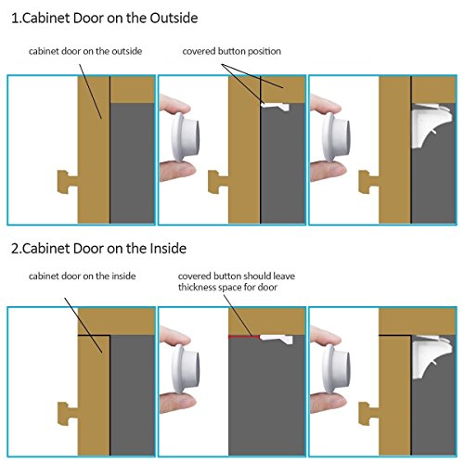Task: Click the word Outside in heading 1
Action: (x=174, y=18)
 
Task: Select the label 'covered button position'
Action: (x=232, y=51)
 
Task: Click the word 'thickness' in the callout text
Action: (x=197, y=288)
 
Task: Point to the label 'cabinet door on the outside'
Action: (x=85, y=51)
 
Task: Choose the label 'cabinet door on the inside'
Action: (x=82, y=276)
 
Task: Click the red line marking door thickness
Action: (x=244, y=336)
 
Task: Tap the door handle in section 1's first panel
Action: (x=68, y=182)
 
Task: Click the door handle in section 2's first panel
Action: (x=68, y=414)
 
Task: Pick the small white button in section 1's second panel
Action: (x=275, y=107)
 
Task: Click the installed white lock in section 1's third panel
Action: (x=432, y=125)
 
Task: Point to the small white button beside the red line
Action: (x=276, y=339)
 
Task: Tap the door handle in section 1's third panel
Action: (x=368, y=182)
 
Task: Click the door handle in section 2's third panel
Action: (x=368, y=414)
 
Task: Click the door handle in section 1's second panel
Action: (x=218, y=182)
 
